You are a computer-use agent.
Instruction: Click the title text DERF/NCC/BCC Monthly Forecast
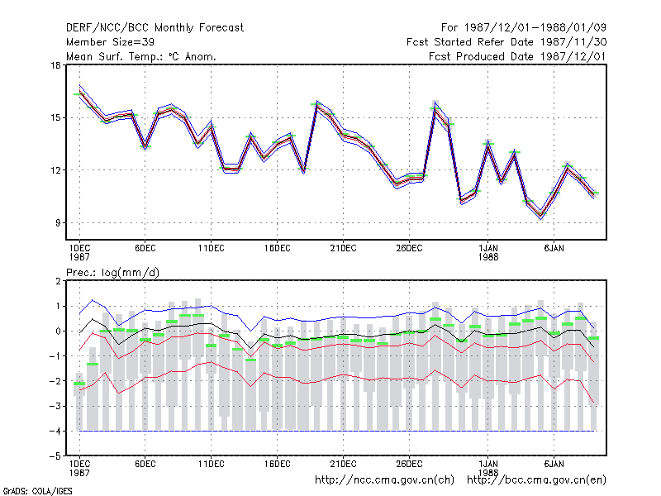[155, 28]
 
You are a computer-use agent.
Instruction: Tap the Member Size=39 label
[110, 42]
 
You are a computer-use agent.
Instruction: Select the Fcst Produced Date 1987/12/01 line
[517, 56]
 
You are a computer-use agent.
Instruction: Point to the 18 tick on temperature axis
[55, 65]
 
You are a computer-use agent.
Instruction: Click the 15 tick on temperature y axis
[55, 117]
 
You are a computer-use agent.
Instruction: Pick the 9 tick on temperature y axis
[58, 222]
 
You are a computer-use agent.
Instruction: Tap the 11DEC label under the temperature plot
[212, 249]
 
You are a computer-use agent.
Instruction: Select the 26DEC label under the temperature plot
[409, 249]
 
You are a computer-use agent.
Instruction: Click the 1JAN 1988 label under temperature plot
[488, 253]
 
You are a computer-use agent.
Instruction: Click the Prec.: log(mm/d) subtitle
[112, 273]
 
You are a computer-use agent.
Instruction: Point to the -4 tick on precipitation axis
[55, 431]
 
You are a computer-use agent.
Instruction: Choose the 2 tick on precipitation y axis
[58, 281]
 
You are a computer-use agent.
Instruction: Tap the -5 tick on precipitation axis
[55, 456]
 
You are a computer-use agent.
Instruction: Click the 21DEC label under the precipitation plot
[343, 464]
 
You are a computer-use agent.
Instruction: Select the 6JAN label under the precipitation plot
[554, 464]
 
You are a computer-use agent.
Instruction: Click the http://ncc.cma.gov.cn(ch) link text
[384, 480]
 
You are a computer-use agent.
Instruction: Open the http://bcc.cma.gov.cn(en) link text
[536, 480]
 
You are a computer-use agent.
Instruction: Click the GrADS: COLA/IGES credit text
[37, 491]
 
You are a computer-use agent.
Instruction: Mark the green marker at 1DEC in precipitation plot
[79, 384]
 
